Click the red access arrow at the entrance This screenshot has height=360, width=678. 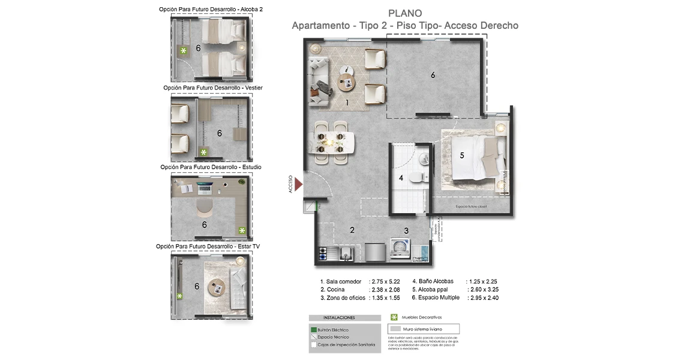(298, 184)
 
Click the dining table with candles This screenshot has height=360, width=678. (331, 142)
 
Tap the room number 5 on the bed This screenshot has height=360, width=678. (462, 155)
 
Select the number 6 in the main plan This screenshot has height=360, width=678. (433, 75)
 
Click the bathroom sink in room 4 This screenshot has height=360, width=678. (424, 158)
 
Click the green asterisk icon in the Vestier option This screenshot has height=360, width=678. (203, 152)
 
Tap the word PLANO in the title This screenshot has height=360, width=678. (405, 14)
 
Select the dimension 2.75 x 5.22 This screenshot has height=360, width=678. (386, 281)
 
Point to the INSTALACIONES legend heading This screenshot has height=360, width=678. (339, 317)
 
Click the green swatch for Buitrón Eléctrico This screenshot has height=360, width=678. (313, 330)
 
